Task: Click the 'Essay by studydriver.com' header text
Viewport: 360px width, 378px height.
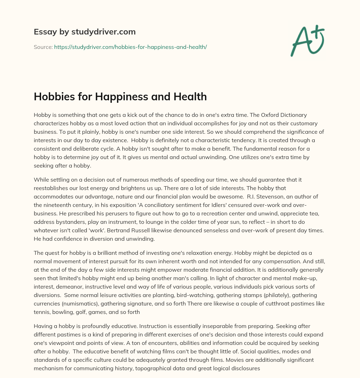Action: click(x=84, y=32)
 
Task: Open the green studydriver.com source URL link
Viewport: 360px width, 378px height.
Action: click(x=130, y=47)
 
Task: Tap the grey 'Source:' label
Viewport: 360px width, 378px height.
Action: click(x=43, y=47)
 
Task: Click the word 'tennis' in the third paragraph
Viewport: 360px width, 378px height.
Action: click(x=42, y=312)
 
